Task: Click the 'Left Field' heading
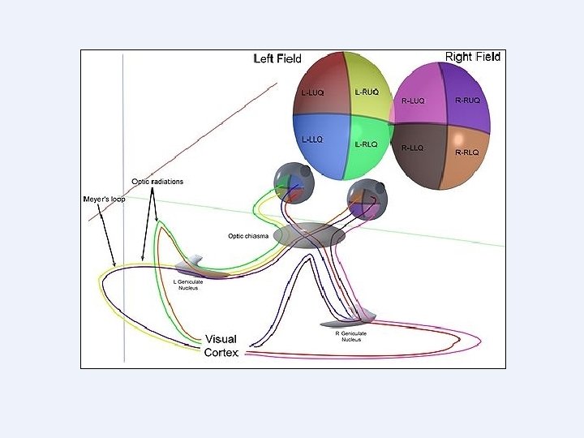pos(278,58)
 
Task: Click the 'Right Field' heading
pos(473,57)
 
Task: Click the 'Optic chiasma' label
pos(247,237)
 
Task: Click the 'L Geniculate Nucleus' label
pos(193,285)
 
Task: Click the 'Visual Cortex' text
pos(221,346)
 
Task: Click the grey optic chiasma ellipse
pos(308,234)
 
